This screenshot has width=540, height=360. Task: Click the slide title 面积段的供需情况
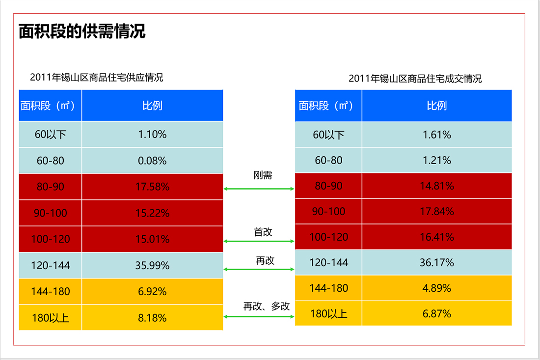(82, 31)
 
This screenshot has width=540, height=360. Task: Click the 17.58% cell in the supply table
(152, 187)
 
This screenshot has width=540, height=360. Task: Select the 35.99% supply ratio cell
(152, 265)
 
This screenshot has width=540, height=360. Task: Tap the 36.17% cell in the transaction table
(437, 262)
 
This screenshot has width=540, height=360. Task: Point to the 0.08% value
(152, 161)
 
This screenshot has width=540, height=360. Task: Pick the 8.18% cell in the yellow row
(152, 318)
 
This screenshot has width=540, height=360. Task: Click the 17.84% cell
(437, 212)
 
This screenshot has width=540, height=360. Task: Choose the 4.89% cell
(437, 288)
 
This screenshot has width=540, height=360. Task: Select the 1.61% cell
(437, 135)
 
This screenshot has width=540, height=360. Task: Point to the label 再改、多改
(267, 306)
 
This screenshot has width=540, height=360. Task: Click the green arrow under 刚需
(259, 189)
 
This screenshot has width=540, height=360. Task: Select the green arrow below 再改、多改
(259, 317)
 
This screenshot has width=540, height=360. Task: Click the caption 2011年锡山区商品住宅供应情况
(97, 77)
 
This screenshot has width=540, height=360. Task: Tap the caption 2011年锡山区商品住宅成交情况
(415, 79)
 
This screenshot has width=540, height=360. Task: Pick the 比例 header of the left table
(152, 106)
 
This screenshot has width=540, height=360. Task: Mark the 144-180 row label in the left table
(50, 292)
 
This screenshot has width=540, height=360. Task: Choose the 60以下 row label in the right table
(328, 135)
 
